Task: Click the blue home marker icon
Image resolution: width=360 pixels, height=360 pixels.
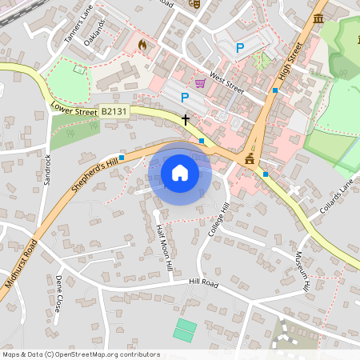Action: pos(180,172)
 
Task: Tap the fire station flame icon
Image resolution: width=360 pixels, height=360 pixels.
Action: pos(142,45)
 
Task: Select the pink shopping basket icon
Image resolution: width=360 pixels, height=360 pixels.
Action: pos(200,82)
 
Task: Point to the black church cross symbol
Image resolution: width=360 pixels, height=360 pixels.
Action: pos(186,120)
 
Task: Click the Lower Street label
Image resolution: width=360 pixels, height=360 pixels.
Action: pos(73,109)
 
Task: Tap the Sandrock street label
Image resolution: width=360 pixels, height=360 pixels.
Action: pos(47,170)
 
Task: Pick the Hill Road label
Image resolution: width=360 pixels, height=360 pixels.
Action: pos(204,282)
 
